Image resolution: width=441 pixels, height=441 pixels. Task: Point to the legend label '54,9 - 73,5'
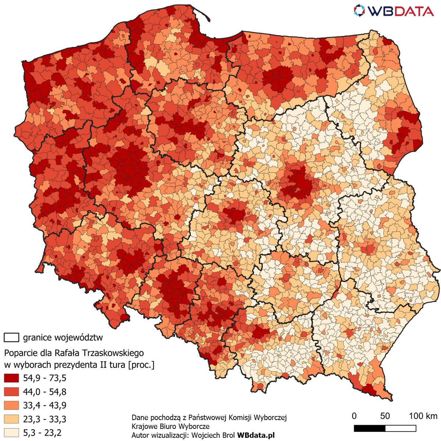tap(44, 378)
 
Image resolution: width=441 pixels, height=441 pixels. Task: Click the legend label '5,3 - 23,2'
tap(42, 433)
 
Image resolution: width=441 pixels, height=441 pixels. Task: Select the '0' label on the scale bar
tap(354, 416)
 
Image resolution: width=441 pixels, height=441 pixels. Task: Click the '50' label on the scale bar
tap(385, 416)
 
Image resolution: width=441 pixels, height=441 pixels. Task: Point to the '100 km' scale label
tap(423, 416)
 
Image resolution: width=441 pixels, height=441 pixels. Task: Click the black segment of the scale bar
tap(369, 429)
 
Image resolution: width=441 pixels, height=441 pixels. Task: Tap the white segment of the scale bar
tap(401, 429)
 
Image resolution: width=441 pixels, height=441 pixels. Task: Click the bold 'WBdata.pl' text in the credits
tap(256, 435)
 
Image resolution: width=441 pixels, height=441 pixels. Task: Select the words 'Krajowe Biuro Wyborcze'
tap(171, 426)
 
